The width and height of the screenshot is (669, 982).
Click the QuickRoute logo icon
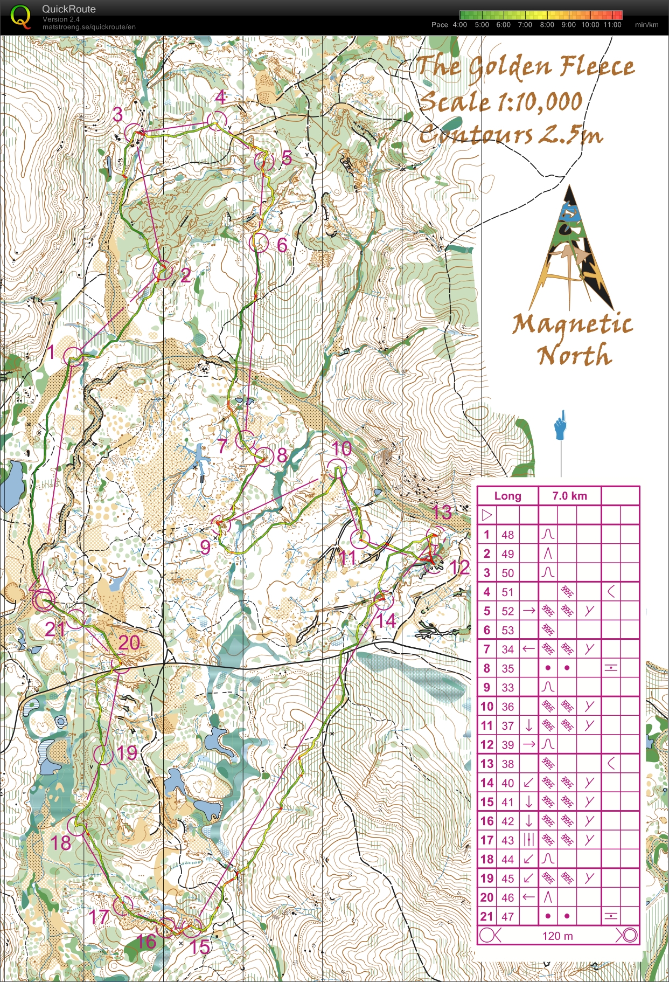[20, 16]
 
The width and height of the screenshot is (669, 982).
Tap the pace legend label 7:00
[525, 25]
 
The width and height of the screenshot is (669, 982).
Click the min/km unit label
[646, 25]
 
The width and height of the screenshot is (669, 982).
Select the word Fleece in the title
[596, 67]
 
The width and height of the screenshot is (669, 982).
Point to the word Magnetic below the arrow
[572, 324]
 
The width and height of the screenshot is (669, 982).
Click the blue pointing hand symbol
[561, 426]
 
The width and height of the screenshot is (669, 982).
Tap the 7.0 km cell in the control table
[569, 496]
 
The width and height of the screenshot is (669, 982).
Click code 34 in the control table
[507, 649]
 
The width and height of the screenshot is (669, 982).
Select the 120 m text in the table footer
[557, 936]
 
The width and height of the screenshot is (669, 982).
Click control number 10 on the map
[342, 448]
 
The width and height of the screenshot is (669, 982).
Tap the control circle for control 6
[259, 243]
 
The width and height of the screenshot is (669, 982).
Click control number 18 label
[60, 843]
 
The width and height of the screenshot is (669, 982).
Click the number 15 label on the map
[200, 947]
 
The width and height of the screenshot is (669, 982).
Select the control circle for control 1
[73, 357]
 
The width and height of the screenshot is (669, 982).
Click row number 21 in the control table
[486, 916]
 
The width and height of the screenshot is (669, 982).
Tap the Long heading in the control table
[507, 496]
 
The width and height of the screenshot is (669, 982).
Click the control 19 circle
[103, 755]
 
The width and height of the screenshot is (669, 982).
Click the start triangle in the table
[487, 515]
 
